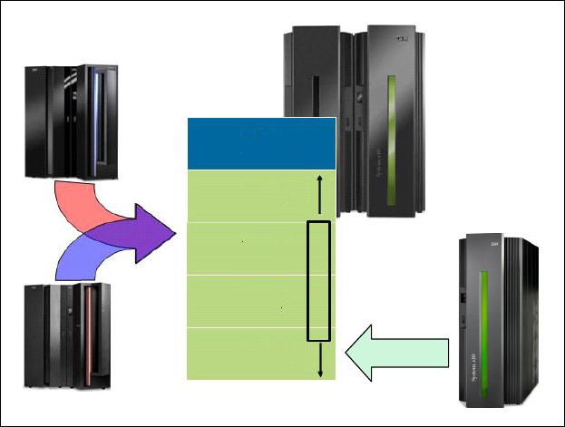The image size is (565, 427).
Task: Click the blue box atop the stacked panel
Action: [x=260, y=143]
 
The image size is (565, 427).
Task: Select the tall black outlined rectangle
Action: [x=318, y=280]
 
